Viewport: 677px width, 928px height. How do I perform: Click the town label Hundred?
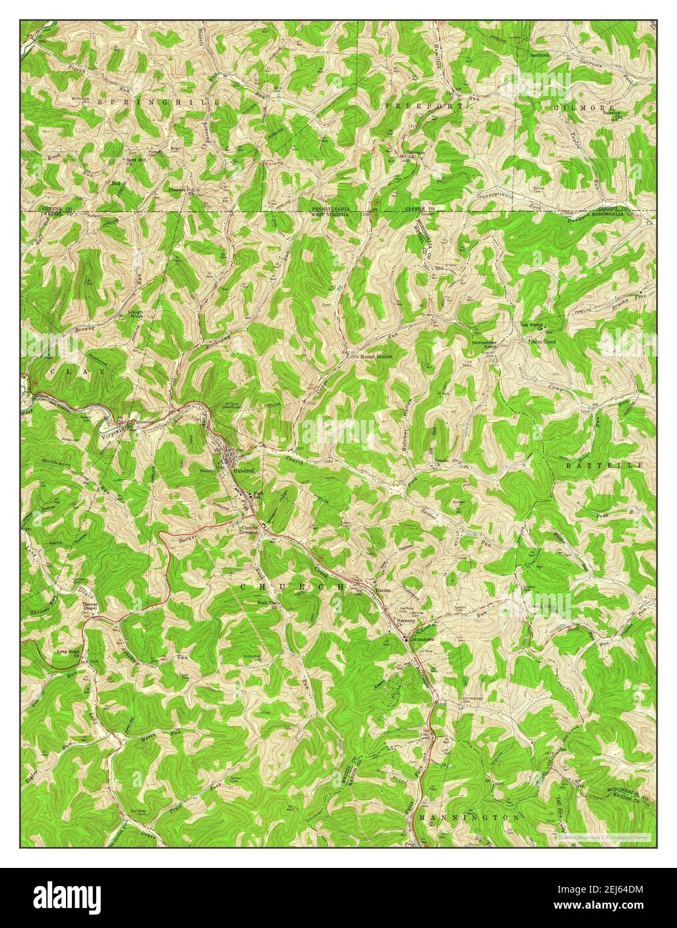click(x=243, y=471)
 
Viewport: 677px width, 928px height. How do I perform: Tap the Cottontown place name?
click(x=422, y=639)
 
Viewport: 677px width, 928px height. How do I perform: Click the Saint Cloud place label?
click(x=543, y=342)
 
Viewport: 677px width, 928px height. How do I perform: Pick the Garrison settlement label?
click(x=416, y=152)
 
